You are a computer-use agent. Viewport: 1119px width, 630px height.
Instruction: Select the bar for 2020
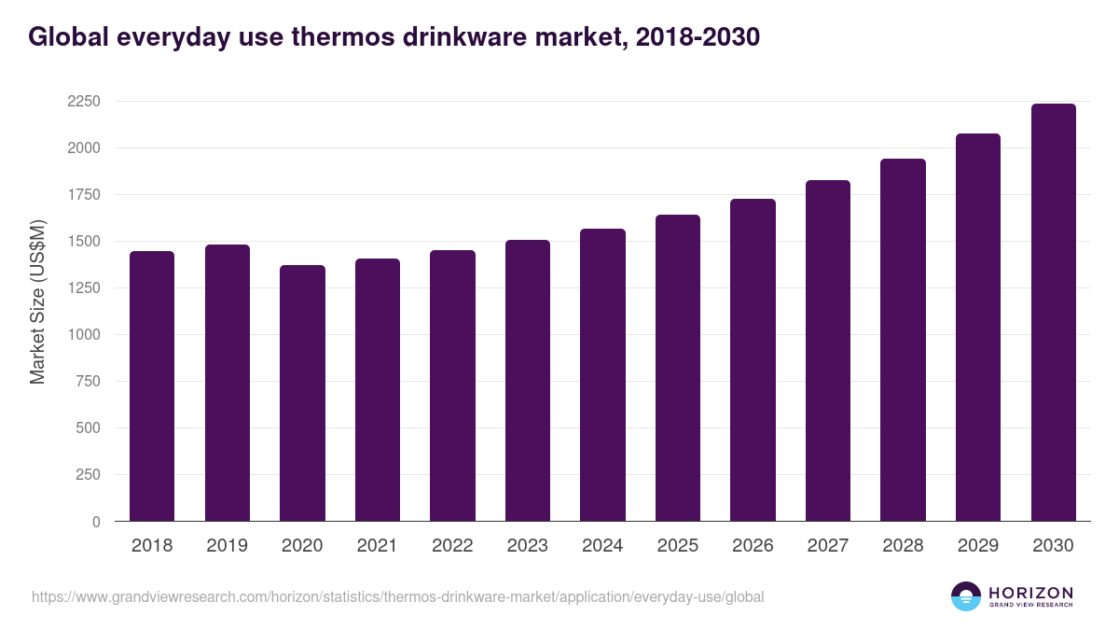302,393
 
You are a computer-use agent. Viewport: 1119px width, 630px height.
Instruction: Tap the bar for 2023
528,380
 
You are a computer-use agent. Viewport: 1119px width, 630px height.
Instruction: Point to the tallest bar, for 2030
1053,312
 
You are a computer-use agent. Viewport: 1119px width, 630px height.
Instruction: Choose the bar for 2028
903,340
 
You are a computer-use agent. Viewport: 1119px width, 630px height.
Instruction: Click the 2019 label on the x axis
227,546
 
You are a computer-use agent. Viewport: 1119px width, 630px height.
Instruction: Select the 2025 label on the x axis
677,546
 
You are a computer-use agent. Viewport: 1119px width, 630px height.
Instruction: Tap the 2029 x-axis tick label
977,546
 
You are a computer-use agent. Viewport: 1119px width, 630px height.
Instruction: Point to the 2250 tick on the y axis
83,102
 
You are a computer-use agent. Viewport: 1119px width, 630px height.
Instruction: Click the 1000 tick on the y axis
83,335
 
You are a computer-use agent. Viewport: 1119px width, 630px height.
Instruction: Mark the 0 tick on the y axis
96,522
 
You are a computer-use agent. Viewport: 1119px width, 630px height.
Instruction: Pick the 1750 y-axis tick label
83,195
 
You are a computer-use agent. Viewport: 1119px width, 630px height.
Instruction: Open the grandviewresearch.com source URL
397,596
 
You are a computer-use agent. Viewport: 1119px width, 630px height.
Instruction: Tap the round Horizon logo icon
966,596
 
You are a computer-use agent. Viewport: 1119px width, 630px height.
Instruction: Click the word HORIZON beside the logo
1030,593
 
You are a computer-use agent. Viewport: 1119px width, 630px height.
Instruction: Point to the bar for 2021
377,389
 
